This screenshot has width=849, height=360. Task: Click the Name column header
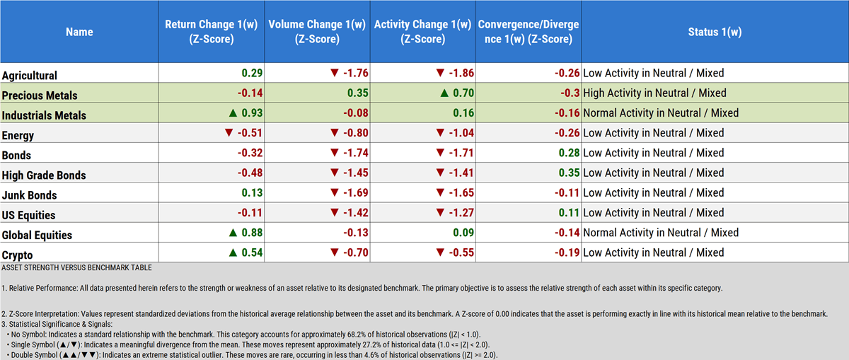click(x=79, y=32)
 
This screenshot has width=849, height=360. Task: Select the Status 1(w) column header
click(x=714, y=32)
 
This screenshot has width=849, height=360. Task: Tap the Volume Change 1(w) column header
click(x=318, y=32)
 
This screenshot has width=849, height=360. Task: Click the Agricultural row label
click(x=30, y=75)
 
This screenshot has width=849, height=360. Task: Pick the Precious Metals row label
click(x=40, y=95)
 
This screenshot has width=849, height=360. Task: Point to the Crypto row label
click(x=18, y=255)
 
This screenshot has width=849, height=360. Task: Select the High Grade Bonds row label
click(x=44, y=175)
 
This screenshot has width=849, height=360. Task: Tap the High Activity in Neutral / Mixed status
click(x=654, y=93)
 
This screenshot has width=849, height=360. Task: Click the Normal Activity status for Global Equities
click(x=660, y=233)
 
